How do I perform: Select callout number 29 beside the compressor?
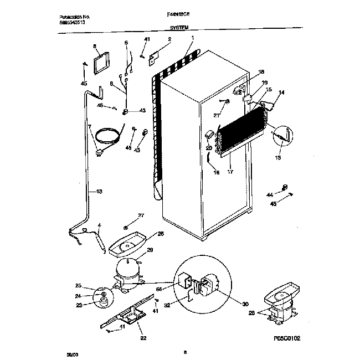149,250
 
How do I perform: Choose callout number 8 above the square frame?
95,47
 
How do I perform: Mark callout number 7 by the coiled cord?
89,127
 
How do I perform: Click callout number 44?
270,194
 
